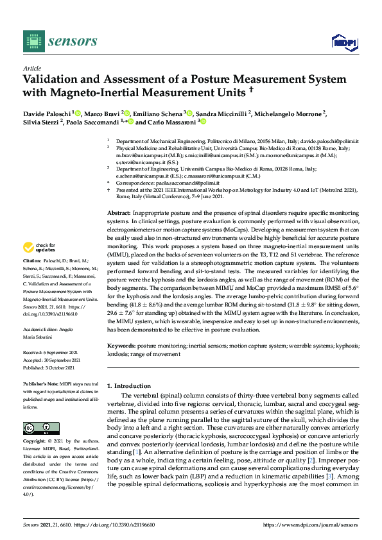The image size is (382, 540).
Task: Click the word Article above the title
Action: coord(31,67)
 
